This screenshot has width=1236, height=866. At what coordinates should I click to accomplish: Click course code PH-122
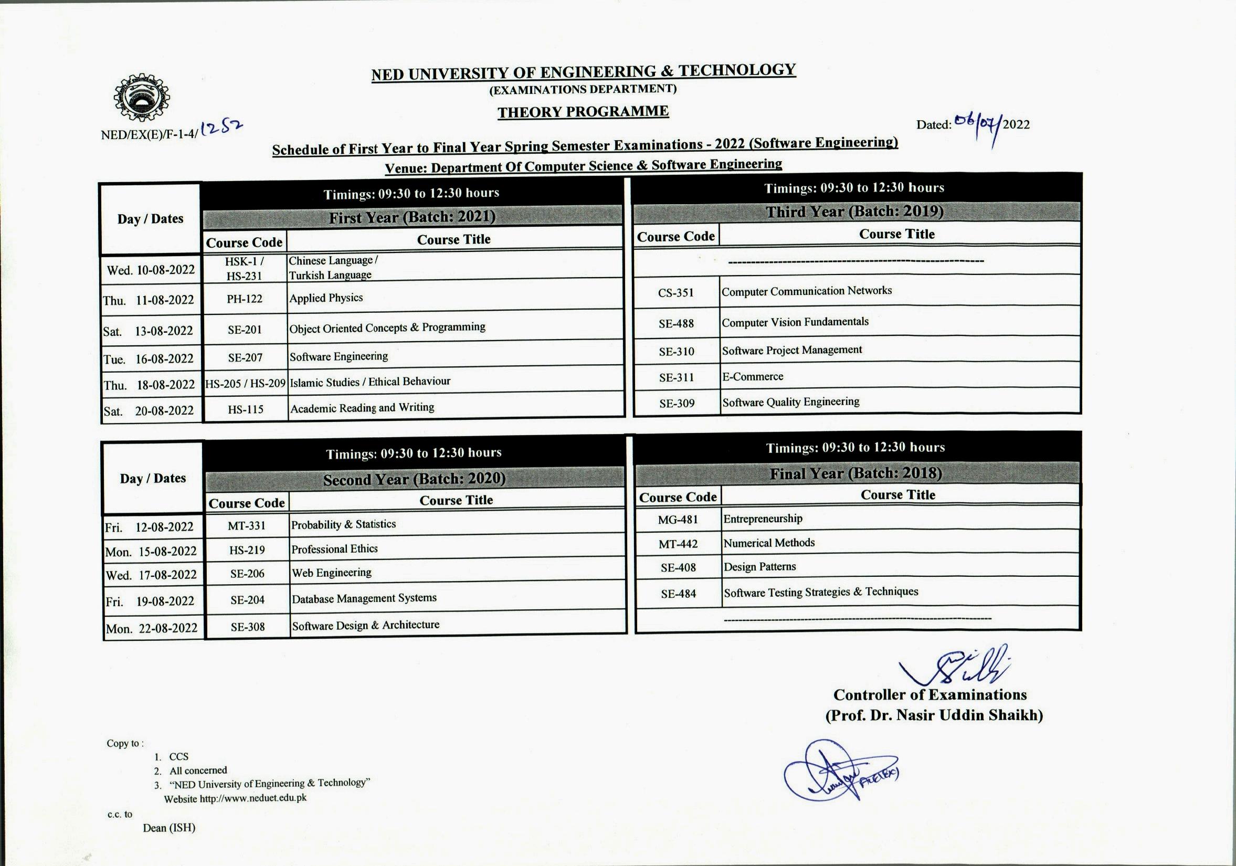[x=245, y=299]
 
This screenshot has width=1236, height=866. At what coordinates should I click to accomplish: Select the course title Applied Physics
[x=326, y=298]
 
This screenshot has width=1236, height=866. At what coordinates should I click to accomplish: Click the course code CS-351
[x=675, y=293]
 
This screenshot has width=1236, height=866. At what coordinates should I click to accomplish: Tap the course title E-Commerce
[x=753, y=376]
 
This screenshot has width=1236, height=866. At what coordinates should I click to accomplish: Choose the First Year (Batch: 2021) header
[x=412, y=217]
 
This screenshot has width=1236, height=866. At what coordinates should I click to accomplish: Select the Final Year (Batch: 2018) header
[x=855, y=473]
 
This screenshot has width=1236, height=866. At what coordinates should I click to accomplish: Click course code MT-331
[x=247, y=526]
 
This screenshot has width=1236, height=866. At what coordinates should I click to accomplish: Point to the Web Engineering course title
[x=332, y=573]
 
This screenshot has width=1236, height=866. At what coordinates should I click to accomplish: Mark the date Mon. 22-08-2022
[x=152, y=628]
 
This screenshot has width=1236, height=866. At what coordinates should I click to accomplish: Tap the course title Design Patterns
[x=759, y=567]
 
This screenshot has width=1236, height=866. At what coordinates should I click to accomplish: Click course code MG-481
[x=678, y=520]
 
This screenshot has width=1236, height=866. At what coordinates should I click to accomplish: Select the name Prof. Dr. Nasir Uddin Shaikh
[x=934, y=715]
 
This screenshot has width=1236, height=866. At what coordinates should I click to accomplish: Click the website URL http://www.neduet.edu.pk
[x=253, y=798]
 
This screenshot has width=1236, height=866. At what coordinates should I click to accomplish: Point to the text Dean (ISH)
[x=169, y=828]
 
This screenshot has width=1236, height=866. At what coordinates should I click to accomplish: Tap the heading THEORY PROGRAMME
[x=583, y=112]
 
